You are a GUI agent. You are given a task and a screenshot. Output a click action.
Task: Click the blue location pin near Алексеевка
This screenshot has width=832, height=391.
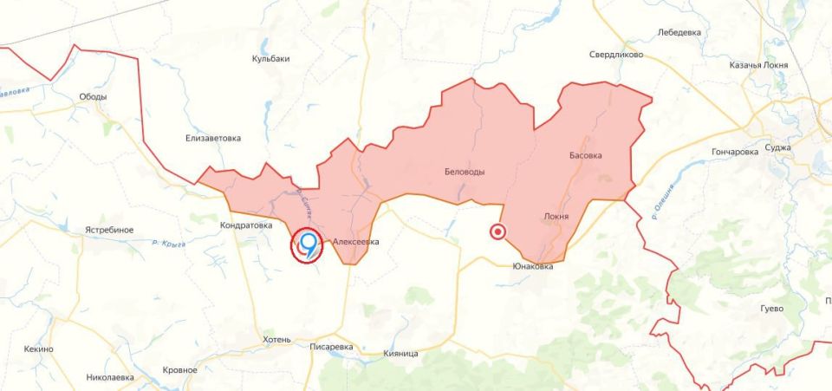pos(308,244)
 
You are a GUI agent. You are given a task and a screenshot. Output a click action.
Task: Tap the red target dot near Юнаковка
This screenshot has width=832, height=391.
pos(497,231)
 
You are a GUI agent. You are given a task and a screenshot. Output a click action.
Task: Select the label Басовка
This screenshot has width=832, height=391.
pos(585,156)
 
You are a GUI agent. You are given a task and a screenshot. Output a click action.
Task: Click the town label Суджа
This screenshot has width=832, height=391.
pos(777,147)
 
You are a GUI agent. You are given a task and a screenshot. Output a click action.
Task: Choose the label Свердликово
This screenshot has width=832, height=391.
pos(616,54)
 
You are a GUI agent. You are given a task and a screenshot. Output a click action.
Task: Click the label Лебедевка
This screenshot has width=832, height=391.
pos(679,33)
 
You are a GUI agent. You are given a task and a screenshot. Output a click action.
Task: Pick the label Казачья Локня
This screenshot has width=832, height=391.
pos(758,65)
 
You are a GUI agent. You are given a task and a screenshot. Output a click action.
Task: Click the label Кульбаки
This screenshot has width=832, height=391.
pos(270,59)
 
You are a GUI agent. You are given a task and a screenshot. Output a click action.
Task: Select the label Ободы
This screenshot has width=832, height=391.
pos(93,97)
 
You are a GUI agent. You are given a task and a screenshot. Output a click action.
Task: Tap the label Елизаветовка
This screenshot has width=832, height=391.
pos(213,138)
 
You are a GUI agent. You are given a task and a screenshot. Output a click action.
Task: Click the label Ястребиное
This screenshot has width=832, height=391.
pos(109,230)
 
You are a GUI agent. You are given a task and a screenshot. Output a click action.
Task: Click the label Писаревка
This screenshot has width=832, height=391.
pos(331,347)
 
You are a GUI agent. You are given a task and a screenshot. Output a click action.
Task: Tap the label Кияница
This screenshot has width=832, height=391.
pos(400,354)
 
